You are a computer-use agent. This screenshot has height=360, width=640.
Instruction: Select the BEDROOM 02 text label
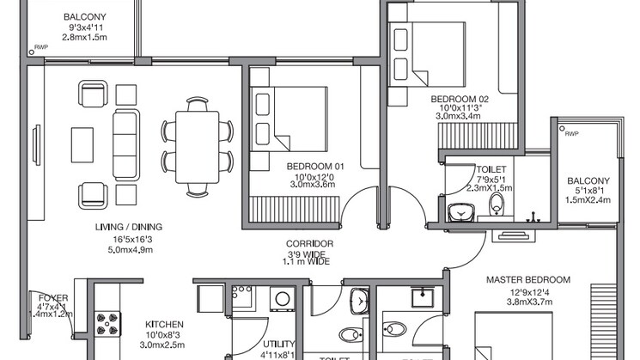tap(460, 100)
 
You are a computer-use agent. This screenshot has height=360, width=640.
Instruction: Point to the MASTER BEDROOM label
tap(528, 280)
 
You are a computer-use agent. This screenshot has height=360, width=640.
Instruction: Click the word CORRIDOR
tap(308, 244)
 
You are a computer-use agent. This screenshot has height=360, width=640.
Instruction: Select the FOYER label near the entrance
tap(52, 297)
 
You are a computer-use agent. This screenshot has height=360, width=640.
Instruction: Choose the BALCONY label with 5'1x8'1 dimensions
tap(588, 180)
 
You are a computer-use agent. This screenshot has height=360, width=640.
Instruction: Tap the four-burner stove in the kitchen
tap(109, 325)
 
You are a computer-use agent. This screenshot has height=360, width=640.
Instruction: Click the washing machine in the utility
tap(281, 299)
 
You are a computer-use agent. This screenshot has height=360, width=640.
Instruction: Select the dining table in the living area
tap(197, 146)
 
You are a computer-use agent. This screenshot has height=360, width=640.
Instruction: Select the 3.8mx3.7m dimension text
tap(528, 302)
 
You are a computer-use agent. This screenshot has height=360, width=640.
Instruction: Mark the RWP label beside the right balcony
tap(571, 133)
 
